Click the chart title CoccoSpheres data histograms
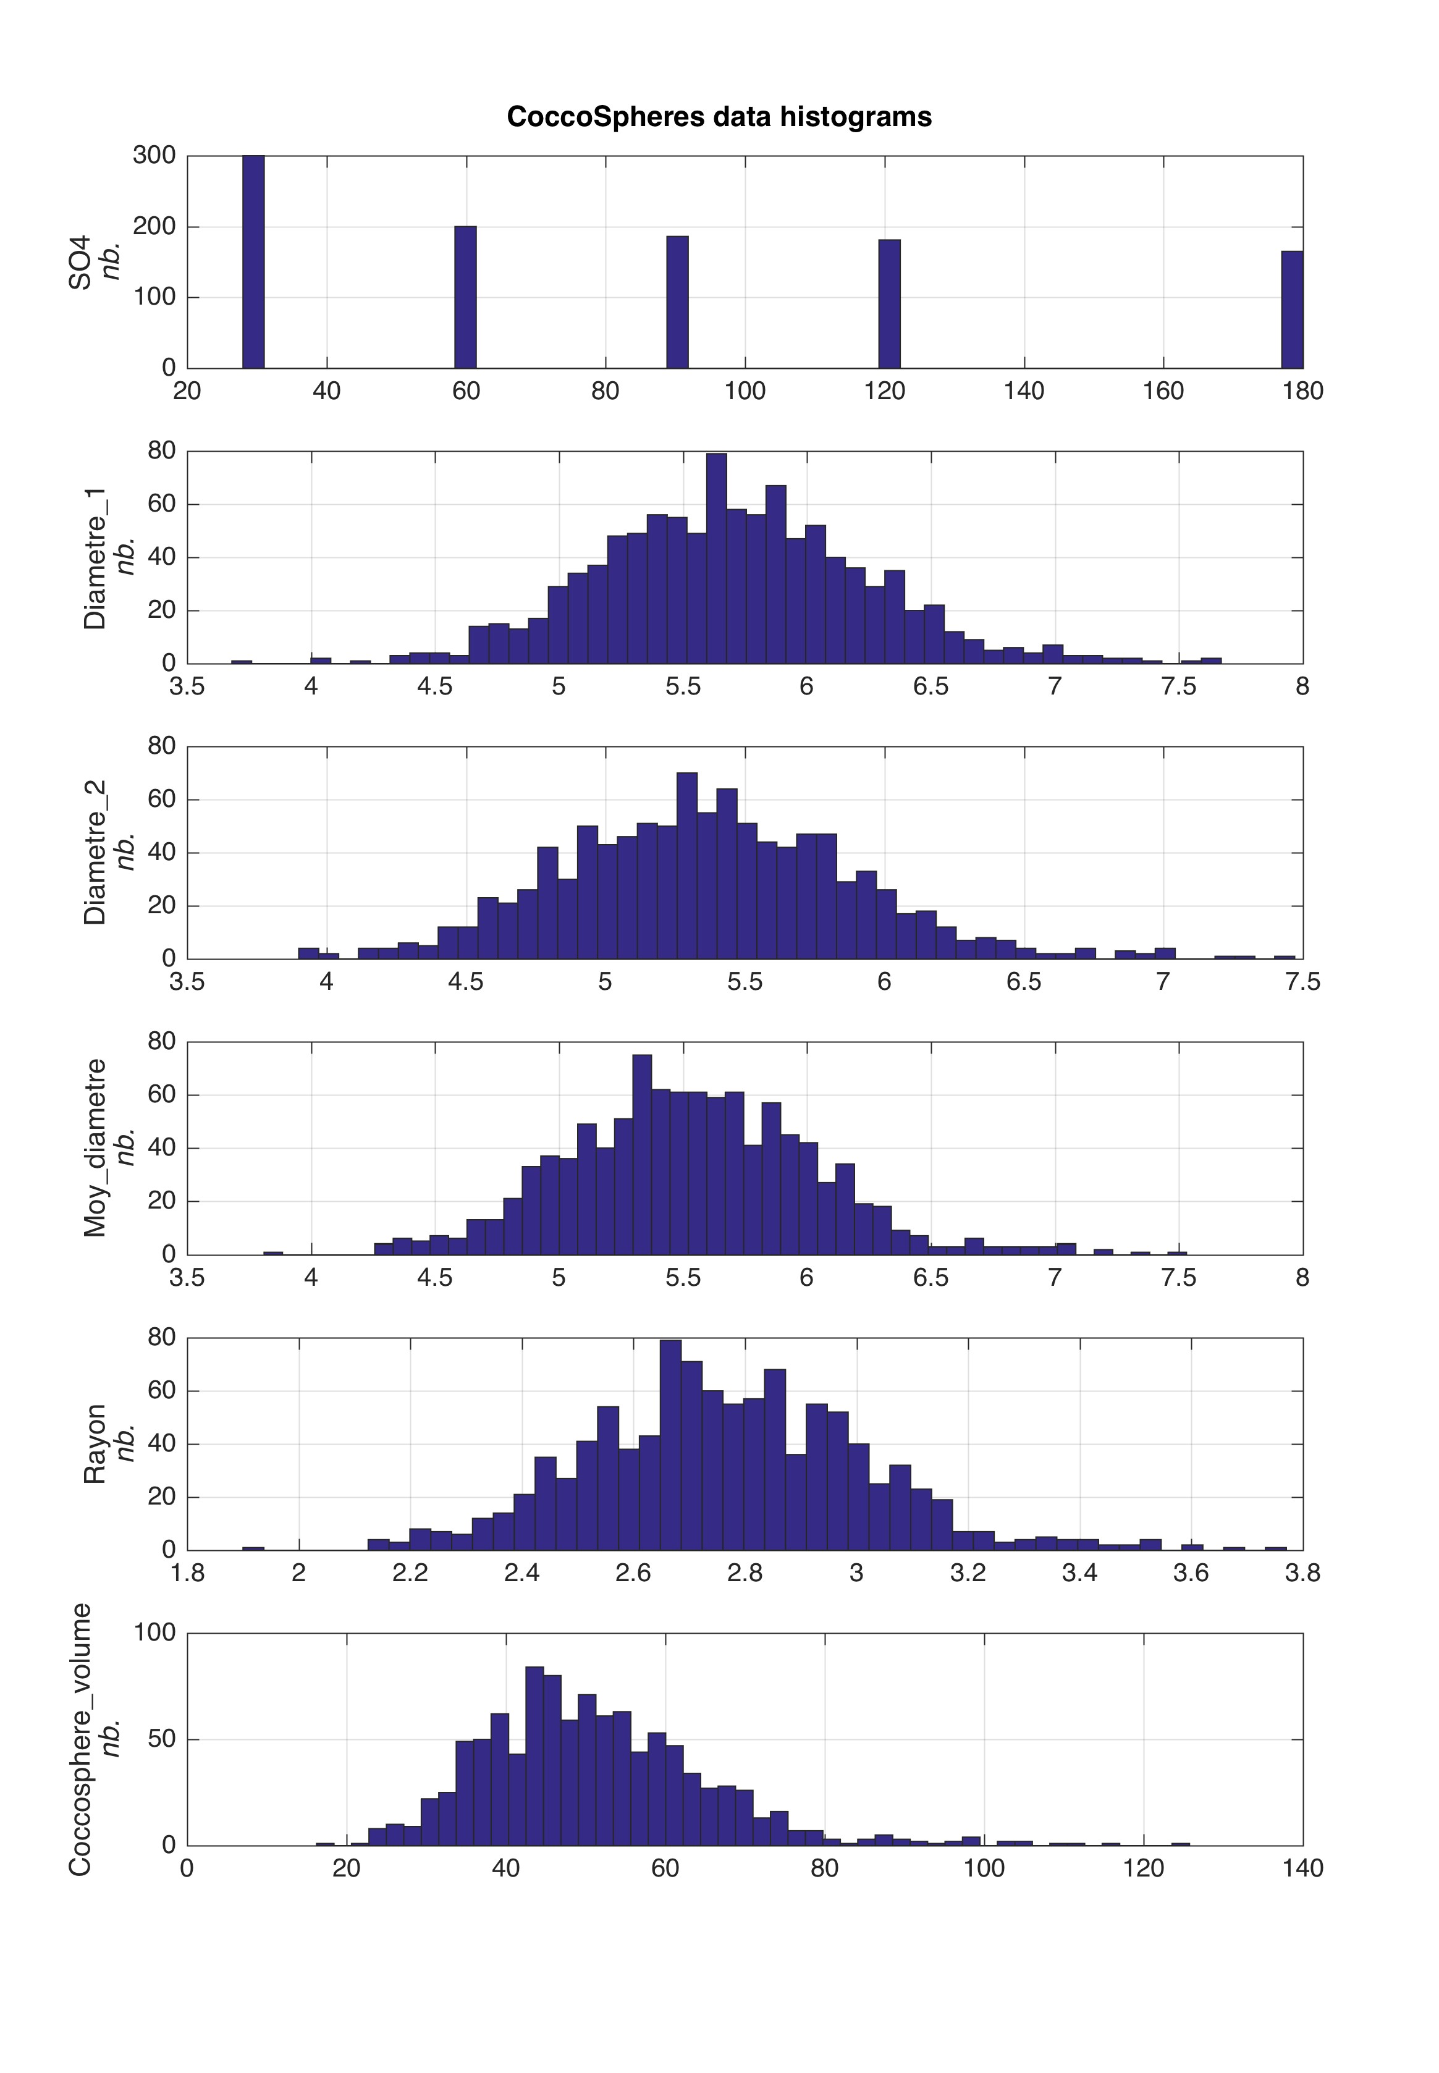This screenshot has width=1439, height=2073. tap(719, 117)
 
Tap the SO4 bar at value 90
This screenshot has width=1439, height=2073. tap(677, 302)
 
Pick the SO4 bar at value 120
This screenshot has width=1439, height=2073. tap(889, 304)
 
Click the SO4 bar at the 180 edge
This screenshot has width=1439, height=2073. tap(1292, 310)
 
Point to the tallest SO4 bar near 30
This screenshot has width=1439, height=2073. tap(253, 261)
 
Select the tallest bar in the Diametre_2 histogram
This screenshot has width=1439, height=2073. tap(687, 866)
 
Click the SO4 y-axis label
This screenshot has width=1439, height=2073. tap(80, 263)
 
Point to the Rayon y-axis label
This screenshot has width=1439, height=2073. tap(95, 1443)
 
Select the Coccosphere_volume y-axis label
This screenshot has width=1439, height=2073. tap(80, 1739)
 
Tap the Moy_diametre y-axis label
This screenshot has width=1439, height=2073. tap(95, 1147)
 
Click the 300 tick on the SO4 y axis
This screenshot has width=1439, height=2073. tap(154, 156)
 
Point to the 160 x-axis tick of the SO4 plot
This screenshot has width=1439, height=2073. tap(1163, 391)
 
